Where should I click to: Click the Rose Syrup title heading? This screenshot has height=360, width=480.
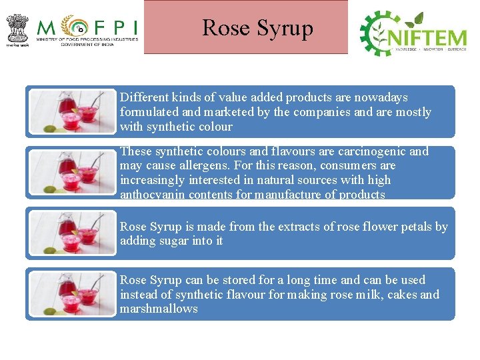[x=257, y=28]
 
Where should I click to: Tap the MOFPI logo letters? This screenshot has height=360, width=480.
[x=87, y=27]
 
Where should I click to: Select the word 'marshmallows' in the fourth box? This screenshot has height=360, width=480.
[x=159, y=309]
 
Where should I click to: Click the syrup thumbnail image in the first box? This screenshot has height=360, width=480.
[x=73, y=112]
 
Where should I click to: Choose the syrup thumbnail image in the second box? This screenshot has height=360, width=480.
[x=73, y=173]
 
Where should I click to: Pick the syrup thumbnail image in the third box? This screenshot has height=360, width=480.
[x=73, y=233]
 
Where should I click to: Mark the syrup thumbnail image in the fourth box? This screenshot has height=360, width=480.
[x=73, y=294]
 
